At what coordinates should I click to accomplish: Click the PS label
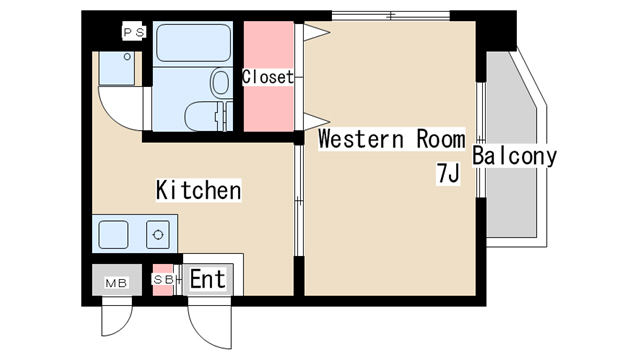(x=134, y=32)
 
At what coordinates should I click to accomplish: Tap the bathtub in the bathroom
(x=193, y=43)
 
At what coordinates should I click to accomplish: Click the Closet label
(x=268, y=77)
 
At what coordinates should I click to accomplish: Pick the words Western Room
(x=391, y=139)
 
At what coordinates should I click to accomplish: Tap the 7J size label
(x=448, y=173)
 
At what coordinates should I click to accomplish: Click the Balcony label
(x=514, y=156)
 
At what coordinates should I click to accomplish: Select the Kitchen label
(x=198, y=190)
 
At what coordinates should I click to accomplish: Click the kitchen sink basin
(x=113, y=234)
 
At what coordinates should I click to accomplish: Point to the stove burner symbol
(x=158, y=235)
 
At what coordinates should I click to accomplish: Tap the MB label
(x=116, y=283)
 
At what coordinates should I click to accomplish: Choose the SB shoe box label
(x=163, y=280)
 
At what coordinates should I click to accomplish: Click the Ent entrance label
(x=208, y=279)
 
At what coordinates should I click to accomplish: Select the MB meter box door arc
(x=123, y=328)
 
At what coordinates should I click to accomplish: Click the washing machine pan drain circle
(x=127, y=57)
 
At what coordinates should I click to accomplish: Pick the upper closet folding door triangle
(x=316, y=32)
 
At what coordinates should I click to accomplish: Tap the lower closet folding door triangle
(x=316, y=122)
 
